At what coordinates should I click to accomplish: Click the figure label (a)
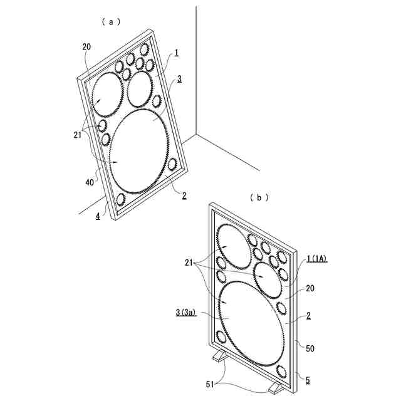pyautogui.click(x=111, y=22)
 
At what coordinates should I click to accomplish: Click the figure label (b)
pyautogui.click(x=259, y=197)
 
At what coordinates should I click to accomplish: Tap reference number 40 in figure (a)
pyautogui.click(x=90, y=182)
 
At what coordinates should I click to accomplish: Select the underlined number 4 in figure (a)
pyautogui.click(x=98, y=216)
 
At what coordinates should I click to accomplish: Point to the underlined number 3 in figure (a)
pyautogui.click(x=180, y=79)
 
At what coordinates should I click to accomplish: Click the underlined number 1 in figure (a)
pyautogui.click(x=177, y=53)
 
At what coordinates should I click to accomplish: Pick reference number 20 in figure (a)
pyautogui.click(x=86, y=47)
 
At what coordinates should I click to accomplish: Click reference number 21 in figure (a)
pyautogui.click(x=78, y=135)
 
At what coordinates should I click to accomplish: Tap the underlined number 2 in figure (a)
pyautogui.click(x=184, y=196)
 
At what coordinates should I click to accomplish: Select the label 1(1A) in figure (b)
pyautogui.click(x=316, y=259)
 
